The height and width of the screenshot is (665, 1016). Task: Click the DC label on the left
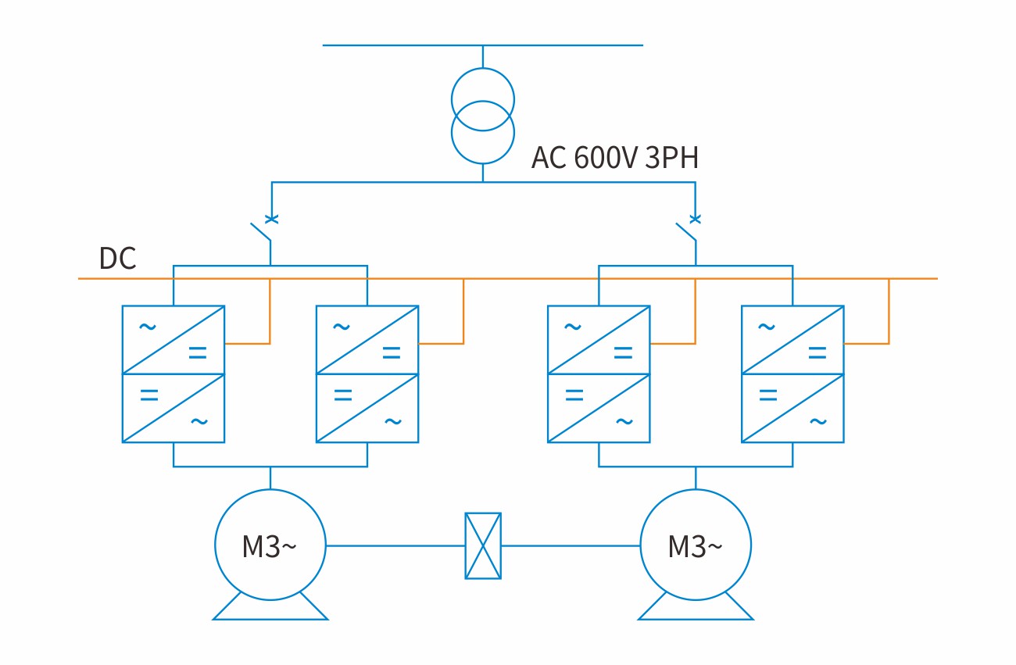tap(117, 259)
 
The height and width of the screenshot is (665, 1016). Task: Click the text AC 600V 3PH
tap(614, 158)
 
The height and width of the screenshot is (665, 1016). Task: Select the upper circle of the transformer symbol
tap(483, 99)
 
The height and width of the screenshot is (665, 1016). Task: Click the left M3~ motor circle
tap(270, 545)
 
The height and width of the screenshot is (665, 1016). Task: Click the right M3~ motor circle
tap(696, 545)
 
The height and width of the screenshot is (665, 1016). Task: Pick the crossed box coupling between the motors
tap(483, 545)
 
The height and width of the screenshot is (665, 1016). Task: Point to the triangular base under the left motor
tap(270, 609)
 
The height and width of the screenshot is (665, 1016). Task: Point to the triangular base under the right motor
tap(696, 609)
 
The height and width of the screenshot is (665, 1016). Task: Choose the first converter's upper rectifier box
tap(174, 339)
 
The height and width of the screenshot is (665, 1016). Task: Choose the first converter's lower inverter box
tap(174, 408)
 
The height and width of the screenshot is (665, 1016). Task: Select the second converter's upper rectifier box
tap(367, 339)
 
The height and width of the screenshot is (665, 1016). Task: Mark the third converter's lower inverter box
tap(599, 408)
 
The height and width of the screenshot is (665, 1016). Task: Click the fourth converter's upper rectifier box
tap(792, 339)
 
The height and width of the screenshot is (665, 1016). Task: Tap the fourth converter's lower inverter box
tap(792, 408)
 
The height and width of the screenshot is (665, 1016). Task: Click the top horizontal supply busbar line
tap(483, 45)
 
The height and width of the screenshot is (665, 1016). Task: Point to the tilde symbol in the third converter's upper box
tap(573, 327)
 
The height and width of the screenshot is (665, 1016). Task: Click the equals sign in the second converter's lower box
tap(342, 395)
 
